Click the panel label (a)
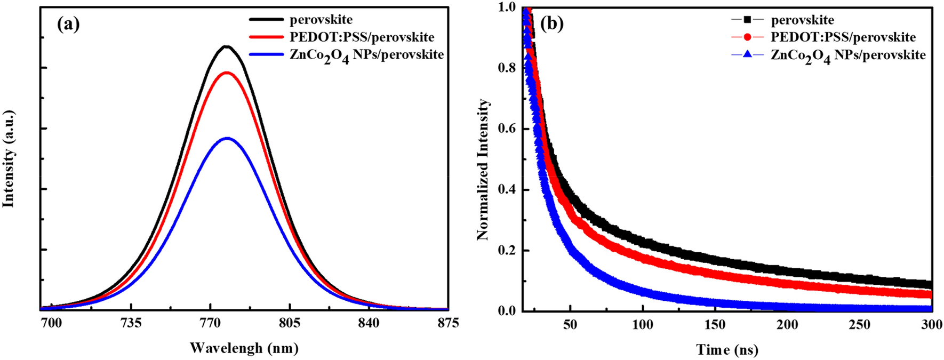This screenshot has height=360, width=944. click(68, 25)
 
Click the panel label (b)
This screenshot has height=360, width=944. click(553, 25)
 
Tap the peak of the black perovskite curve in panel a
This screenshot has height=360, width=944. click(226, 46)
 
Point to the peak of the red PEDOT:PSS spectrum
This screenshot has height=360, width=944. click(227, 73)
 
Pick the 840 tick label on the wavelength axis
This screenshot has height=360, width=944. click(369, 324)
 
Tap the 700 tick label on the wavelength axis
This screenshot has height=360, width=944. click(51, 324)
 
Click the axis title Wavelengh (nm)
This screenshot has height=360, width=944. click(244, 348)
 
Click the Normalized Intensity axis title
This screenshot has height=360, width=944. click(483, 169)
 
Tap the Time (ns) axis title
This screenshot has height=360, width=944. click(726, 350)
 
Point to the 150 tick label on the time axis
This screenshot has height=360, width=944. click(715, 325)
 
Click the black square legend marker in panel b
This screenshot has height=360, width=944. click(747, 20)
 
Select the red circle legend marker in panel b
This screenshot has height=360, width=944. click(747, 37)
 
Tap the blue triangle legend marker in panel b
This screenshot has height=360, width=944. click(747, 54)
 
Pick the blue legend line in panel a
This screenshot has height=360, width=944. click(266, 54)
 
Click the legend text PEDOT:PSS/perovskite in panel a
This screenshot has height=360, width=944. click(362, 37)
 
